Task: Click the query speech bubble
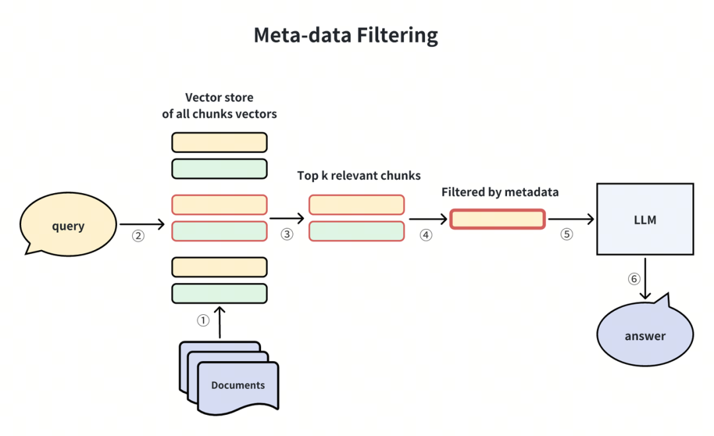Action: (x=68, y=224)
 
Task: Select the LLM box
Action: (x=645, y=219)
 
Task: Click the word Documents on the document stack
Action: (x=238, y=385)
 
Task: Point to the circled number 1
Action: (x=203, y=320)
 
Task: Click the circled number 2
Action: (x=138, y=236)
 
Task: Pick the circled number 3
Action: (x=286, y=234)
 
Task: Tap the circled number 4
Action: (x=426, y=235)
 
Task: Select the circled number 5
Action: (x=567, y=234)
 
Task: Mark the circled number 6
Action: (x=634, y=279)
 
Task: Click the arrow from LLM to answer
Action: (x=645, y=279)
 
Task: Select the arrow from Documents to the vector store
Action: (x=219, y=322)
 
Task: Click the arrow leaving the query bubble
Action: (x=141, y=224)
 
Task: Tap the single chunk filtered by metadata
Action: (x=498, y=219)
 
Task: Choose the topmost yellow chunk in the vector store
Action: (x=219, y=143)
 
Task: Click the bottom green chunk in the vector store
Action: (x=219, y=293)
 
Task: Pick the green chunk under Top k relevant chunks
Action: (x=356, y=231)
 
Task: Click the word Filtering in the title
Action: (x=397, y=36)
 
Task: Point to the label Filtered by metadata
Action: (x=500, y=192)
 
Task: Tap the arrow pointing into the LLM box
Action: (x=571, y=219)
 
